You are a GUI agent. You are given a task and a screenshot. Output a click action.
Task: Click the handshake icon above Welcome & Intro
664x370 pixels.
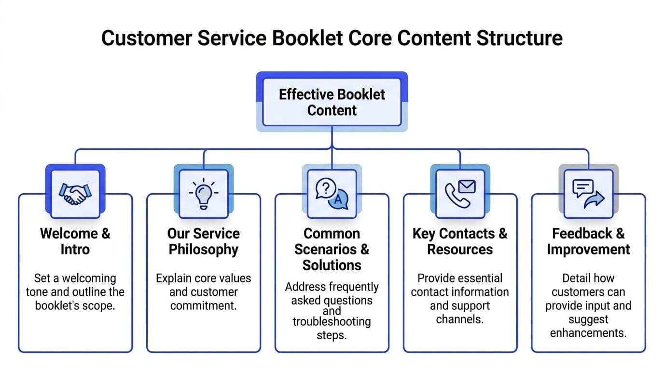pos(75,193)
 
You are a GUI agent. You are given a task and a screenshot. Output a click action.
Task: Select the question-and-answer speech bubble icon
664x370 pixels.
pos(332,193)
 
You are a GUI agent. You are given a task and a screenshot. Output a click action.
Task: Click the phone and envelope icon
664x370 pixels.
pos(460,193)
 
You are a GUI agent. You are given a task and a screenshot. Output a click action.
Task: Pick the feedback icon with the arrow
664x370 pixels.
pos(588,193)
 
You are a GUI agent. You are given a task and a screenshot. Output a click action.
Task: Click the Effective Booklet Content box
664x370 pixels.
pos(332,102)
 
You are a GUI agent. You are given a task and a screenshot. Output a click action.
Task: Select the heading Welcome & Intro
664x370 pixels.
pos(75,241)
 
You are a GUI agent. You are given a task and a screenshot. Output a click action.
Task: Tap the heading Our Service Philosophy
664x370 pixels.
pos(204,241)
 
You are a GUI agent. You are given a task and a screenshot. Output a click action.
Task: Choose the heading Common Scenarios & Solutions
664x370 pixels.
pos(332,249)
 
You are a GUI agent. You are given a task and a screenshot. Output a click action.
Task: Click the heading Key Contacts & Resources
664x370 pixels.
pos(460,241)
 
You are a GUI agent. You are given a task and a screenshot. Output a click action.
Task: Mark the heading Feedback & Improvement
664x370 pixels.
pos(588,241)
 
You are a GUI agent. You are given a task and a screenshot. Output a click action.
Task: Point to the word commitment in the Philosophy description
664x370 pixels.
pos(204,306)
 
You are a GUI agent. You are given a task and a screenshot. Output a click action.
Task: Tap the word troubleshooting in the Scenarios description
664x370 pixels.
pos(332,321)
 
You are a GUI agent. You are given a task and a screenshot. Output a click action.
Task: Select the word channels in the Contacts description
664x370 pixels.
pos(460,319)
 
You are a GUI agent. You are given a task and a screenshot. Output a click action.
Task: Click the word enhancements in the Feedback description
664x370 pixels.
pos(588,333)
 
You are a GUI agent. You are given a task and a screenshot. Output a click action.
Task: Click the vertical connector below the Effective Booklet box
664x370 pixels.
pos(332,137)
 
